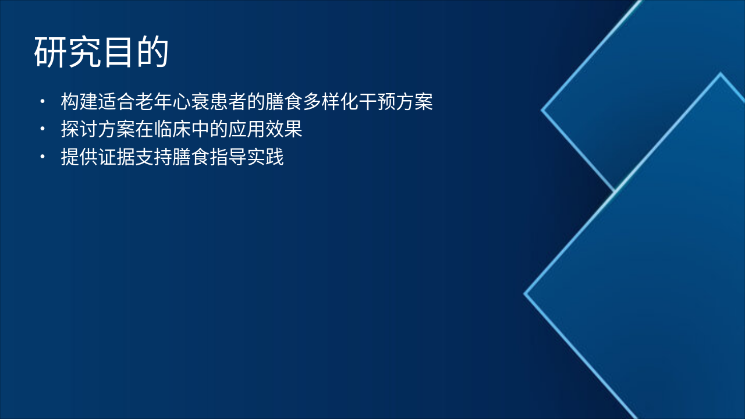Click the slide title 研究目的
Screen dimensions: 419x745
tap(101, 52)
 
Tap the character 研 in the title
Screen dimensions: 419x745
tap(51, 52)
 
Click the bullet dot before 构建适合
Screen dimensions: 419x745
tap(42, 102)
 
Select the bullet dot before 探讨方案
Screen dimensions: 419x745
tap(42, 129)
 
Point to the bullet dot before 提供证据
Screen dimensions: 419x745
tap(42, 157)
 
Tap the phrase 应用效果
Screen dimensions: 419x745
tap(265, 130)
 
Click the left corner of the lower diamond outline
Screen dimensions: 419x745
tap(526, 294)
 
